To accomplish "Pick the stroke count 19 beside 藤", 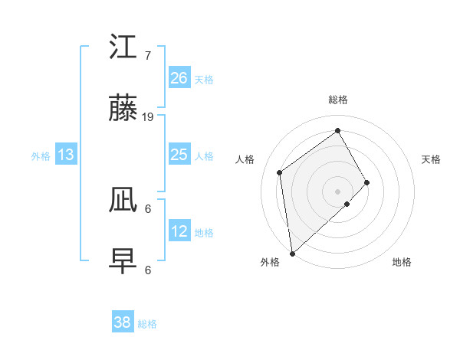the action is coord(148,117).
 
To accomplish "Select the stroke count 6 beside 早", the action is coord(148,270).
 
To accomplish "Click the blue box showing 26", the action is coord(179,78).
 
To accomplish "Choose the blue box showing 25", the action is coord(179,155).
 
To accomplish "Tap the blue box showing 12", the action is coord(179,231).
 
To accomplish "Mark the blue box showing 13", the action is coord(66,155).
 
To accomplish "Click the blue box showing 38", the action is coord(123,322).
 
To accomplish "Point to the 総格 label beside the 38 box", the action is coord(147,324).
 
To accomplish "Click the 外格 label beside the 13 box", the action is coord(41,156).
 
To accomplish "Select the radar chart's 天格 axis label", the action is coord(431,159).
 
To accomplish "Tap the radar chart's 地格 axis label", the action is coord(402,262).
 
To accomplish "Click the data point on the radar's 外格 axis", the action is coord(292,253).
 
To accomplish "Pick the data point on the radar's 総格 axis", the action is coord(338,131).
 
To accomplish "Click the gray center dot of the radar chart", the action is coord(338,191).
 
